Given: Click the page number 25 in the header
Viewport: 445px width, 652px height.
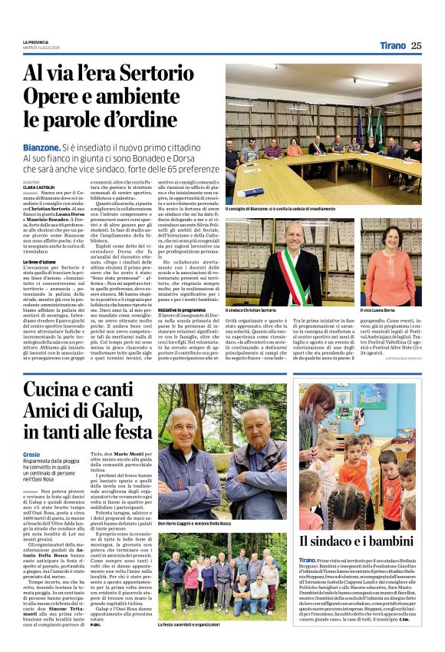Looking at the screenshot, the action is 416,45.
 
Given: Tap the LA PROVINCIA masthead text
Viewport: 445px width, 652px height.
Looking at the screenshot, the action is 35,41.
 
